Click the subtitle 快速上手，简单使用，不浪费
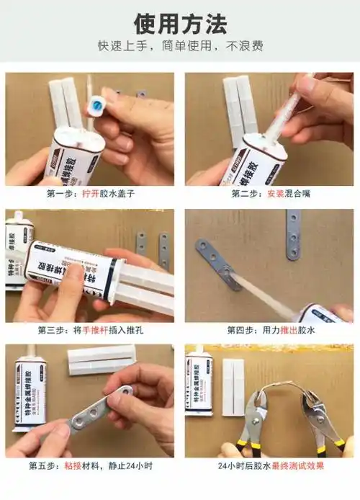click(180, 47)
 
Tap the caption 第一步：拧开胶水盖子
click(90, 194)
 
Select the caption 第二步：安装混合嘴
click(269, 194)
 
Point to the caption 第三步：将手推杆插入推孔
click(90, 330)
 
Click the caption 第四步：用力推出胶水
click(269, 330)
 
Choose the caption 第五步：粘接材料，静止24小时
click(90, 465)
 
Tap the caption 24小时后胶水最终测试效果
click(269, 465)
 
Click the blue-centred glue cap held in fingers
click(96, 107)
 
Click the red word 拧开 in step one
click(90, 194)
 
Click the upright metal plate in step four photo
click(293, 233)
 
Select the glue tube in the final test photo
click(198, 382)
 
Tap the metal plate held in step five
click(101, 410)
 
